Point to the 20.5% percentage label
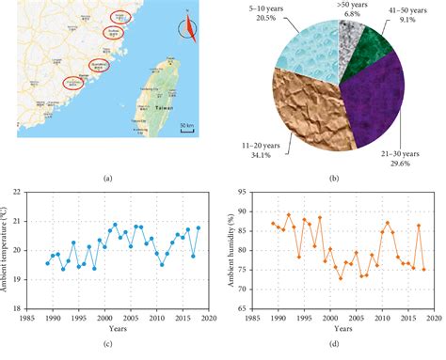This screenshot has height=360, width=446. (x=268, y=19)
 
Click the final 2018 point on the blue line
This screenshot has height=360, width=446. (x=198, y=228)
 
